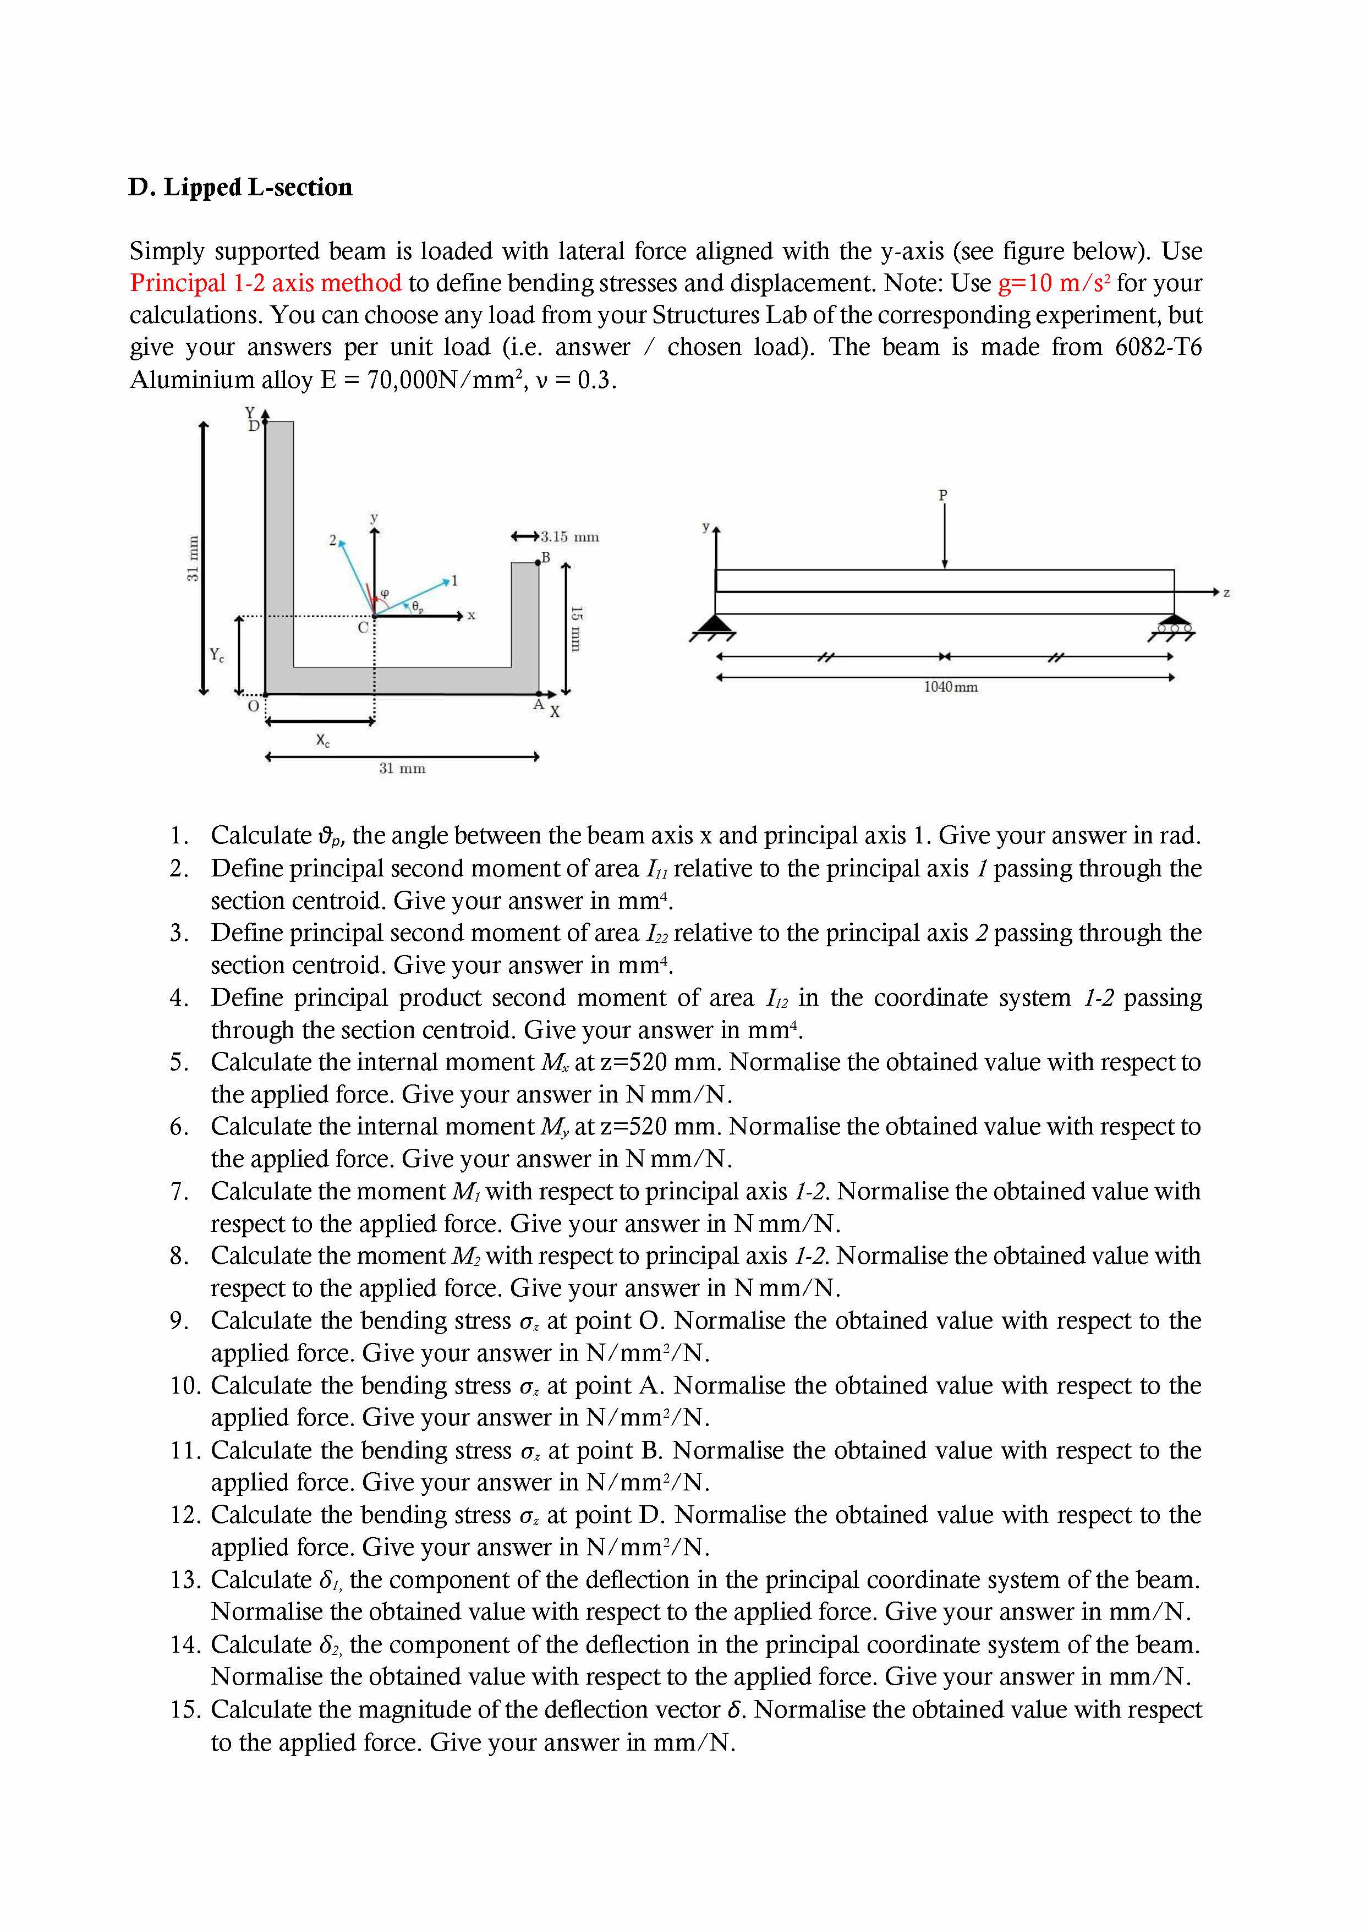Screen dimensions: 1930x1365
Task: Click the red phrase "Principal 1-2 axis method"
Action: pos(266,283)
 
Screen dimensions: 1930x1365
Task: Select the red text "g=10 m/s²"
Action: pos(1054,283)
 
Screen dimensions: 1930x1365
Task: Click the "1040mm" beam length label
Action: pos(951,687)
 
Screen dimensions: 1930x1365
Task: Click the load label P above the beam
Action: pos(943,495)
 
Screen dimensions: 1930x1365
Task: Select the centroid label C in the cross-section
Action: pos(363,628)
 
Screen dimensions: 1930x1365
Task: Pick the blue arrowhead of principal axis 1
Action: pos(446,580)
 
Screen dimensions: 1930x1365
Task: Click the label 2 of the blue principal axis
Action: pos(333,540)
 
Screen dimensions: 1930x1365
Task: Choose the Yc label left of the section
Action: pos(217,655)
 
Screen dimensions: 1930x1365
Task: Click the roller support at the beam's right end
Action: pos(1174,626)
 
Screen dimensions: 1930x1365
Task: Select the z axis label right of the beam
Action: pos(1226,593)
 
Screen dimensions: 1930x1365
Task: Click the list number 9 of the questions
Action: pos(178,1320)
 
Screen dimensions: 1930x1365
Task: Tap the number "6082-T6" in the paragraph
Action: pos(1158,347)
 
